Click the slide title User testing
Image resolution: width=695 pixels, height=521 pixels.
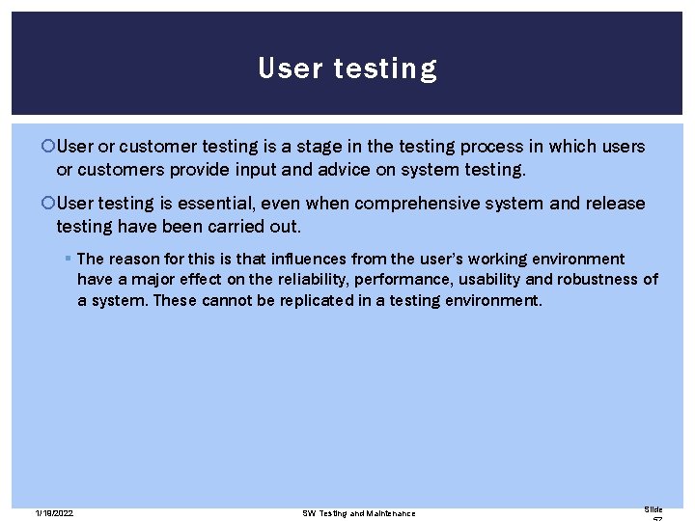pos(347,69)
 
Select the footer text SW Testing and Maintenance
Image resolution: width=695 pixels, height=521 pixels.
pos(358,513)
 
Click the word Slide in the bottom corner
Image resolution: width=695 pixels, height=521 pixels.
pos(653,509)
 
